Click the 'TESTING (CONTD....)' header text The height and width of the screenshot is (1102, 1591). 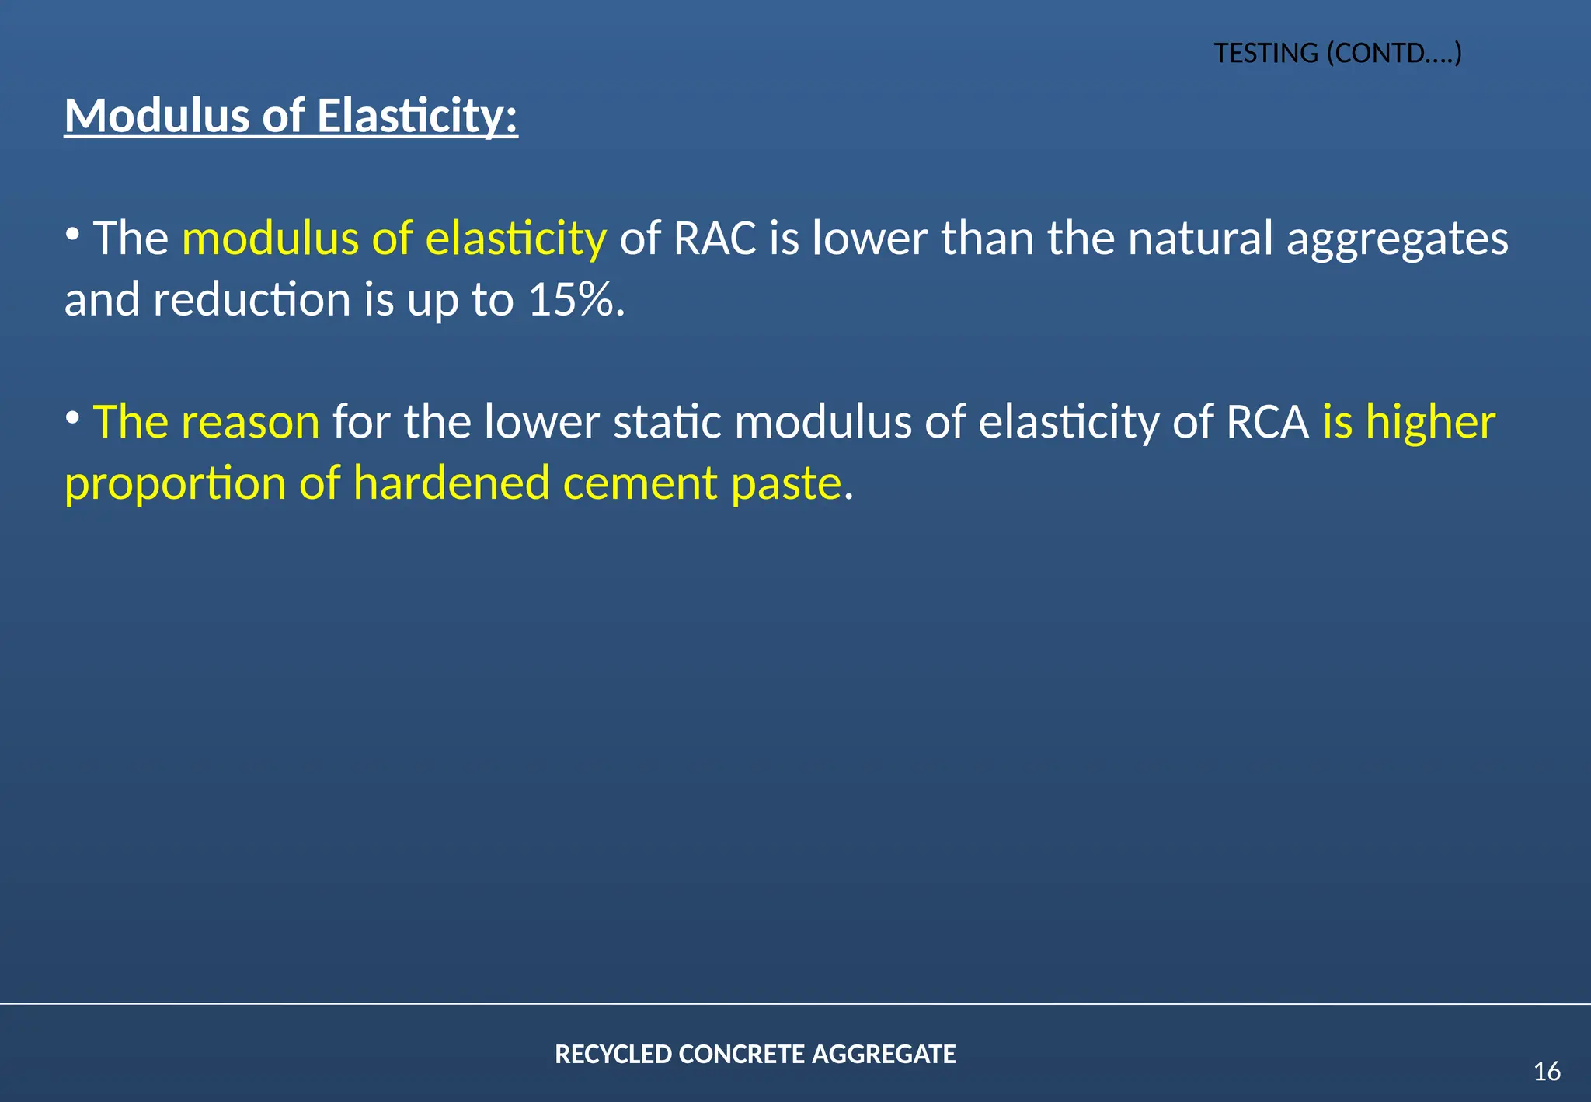click(x=1338, y=53)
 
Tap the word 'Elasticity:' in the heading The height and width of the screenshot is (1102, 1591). click(x=417, y=116)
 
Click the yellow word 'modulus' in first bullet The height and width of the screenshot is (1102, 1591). click(x=270, y=238)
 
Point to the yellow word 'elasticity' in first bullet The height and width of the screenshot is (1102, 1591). click(x=516, y=238)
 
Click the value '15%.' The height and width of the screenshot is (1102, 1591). click(x=576, y=299)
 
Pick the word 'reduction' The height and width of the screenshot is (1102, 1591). click(x=252, y=299)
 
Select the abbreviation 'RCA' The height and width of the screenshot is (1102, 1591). click(x=1267, y=422)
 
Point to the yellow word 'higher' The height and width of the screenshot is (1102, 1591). click(x=1430, y=422)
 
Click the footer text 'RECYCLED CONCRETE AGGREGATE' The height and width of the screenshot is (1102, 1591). click(x=755, y=1054)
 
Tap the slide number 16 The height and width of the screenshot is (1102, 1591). click(x=1547, y=1072)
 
